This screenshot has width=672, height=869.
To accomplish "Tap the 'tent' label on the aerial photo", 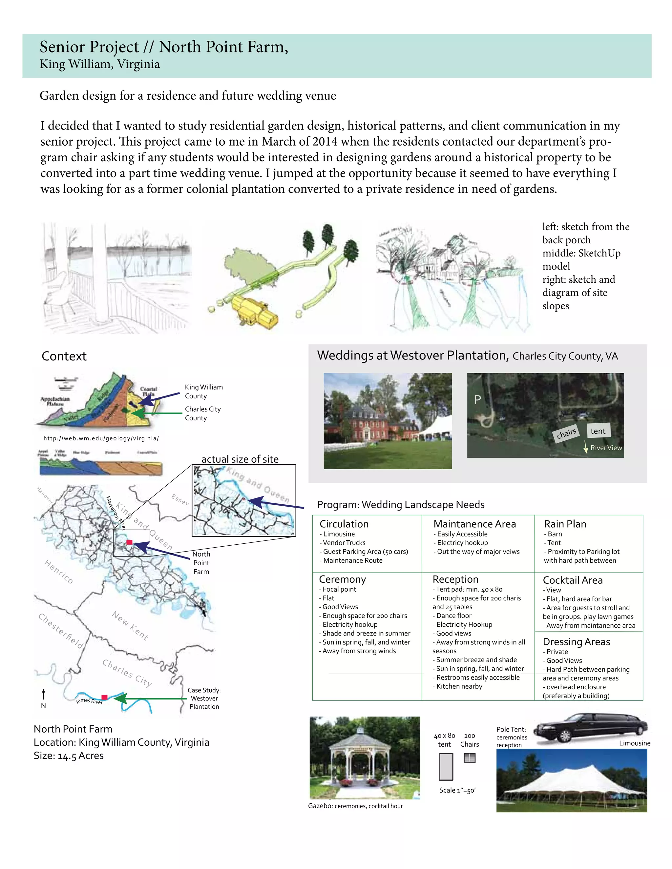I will (x=598, y=431).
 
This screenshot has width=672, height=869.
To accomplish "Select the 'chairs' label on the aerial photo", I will (x=566, y=433).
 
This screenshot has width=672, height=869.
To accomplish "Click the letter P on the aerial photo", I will (x=477, y=399).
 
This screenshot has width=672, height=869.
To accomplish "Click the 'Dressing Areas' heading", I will (x=576, y=642).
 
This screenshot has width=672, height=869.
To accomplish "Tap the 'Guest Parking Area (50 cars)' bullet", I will (x=365, y=552).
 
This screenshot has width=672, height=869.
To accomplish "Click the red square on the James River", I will (x=104, y=697).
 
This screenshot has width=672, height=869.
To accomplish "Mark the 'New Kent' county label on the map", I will (x=130, y=625).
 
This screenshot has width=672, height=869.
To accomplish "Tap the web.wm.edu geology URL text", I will (x=101, y=438).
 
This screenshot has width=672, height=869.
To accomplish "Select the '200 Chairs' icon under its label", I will (x=469, y=758).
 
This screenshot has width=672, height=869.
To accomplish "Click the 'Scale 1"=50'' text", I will (x=457, y=790).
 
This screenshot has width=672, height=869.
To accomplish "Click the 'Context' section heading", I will (x=64, y=356).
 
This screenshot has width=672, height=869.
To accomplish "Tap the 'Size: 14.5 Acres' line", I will (x=69, y=756).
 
